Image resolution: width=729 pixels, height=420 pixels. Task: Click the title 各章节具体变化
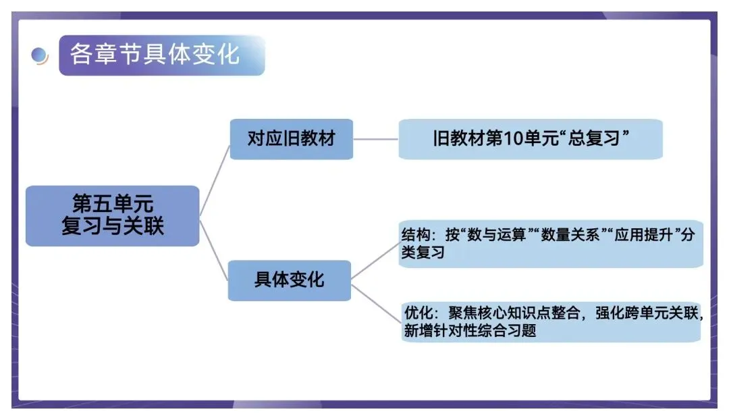point(155,54)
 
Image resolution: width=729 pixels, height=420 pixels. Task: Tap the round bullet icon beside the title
point(40,55)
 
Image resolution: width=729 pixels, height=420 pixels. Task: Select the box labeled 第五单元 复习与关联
point(113,215)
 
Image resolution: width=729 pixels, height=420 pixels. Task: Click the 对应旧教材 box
point(291,139)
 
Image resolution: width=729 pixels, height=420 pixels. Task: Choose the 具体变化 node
point(289,280)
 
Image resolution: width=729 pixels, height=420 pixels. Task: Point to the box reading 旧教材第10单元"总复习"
point(531,139)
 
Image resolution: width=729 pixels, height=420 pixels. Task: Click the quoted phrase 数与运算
point(491,236)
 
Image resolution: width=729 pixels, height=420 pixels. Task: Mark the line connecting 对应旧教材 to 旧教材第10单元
point(375,139)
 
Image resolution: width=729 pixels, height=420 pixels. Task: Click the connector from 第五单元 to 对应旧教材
point(215,179)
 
